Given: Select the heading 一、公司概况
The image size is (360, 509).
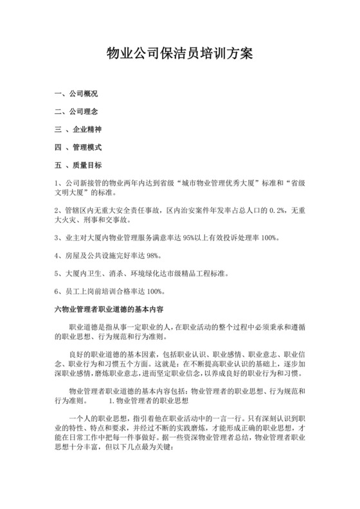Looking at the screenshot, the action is coord(76,94).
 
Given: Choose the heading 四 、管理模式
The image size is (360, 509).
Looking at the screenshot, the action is coord(79,147).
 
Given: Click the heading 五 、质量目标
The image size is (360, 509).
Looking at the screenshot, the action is coord(79,165).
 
